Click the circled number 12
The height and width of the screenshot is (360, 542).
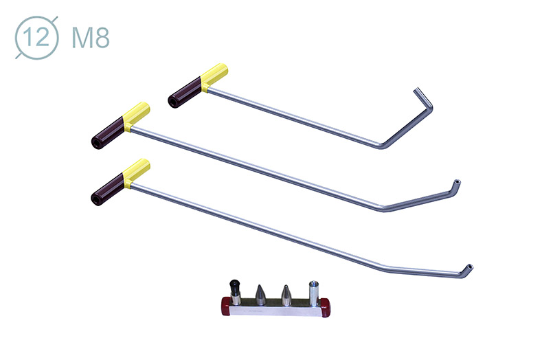pyautogui.click(x=37, y=37)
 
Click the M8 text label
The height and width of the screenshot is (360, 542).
pyautogui.click(x=91, y=38)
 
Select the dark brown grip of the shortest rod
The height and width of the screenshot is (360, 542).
pyautogui.click(x=185, y=93)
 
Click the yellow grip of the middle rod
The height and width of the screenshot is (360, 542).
pyautogui.click(x=136, y=116)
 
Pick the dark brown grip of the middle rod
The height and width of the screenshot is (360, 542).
pyautogui.click(x=107, y=133)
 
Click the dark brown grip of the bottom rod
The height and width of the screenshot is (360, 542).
pyautogui.click(x=107, y=189)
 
